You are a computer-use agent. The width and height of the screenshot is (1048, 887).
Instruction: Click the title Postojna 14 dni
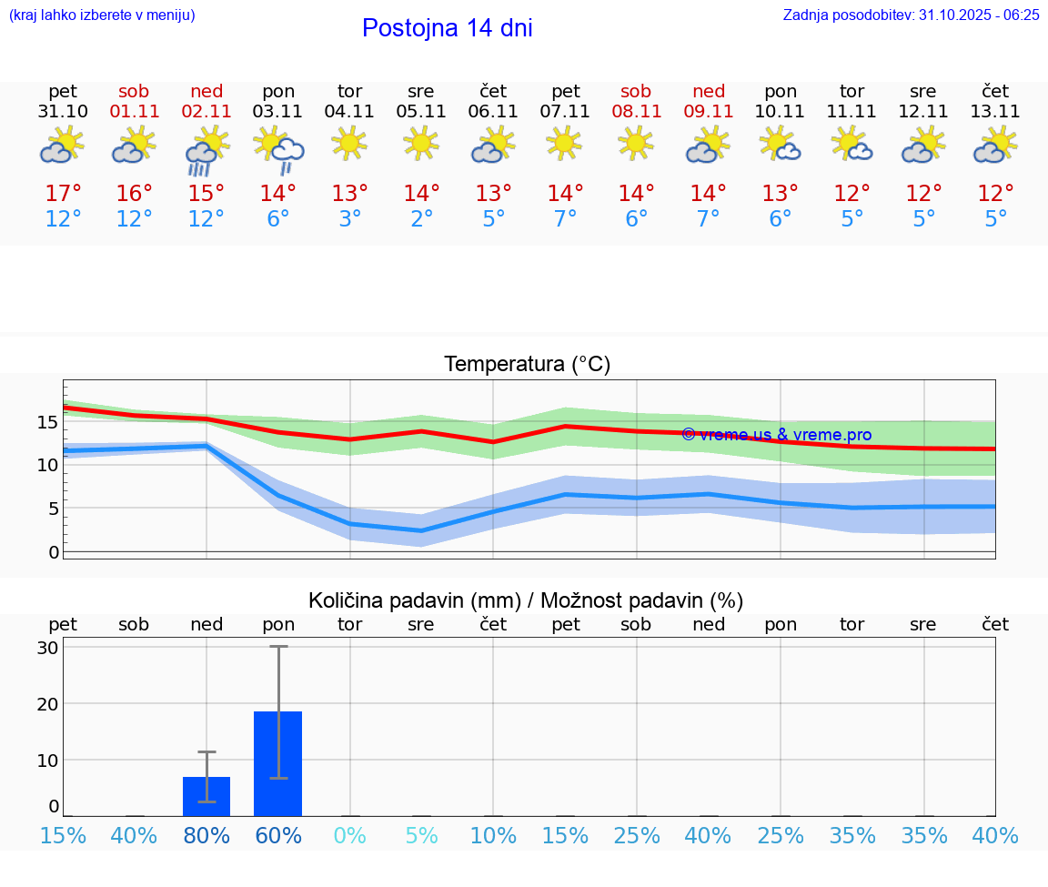click(x=447, y=28)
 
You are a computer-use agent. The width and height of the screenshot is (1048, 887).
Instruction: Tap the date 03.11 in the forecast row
click(x=277, y=112)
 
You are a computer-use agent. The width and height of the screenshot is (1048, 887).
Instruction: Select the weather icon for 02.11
click(x=206, y=150)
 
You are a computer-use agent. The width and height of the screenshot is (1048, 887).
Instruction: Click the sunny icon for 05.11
click(x=421, y=143)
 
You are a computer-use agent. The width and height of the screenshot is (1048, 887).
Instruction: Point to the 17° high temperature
click(x=63, y=193)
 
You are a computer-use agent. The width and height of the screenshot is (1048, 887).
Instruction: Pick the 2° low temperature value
click(x=421, y=218)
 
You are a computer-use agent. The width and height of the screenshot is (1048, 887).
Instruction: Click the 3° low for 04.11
click(x=349, y=218)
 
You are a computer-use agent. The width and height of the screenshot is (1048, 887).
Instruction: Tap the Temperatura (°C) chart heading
click(x=527, y=364)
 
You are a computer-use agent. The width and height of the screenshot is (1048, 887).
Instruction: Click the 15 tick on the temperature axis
click(x=47, y=422)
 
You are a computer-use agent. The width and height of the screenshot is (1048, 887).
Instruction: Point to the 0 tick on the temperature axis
click(x=53, y=552)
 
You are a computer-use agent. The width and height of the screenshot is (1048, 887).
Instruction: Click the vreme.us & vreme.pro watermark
click(x=776, y=435)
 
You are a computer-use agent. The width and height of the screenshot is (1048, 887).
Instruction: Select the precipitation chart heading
click(x=526, y=600)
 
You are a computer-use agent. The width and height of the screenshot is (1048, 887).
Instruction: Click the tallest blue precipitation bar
click(x=277, y=764)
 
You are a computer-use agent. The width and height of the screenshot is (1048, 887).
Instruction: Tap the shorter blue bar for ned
click(x=207, y=796)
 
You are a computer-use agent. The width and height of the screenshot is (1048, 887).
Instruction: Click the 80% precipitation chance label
click(x=207, y=835)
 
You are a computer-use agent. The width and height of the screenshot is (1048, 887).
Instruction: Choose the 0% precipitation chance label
click(x=349, y=835)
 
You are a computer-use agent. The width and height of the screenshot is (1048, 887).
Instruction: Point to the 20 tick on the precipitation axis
click(x=47, y=703)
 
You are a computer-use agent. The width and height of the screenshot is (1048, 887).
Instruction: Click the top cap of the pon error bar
click(x=277, y=646)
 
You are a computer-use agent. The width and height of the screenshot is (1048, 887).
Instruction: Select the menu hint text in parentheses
click(x=101, y=15)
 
